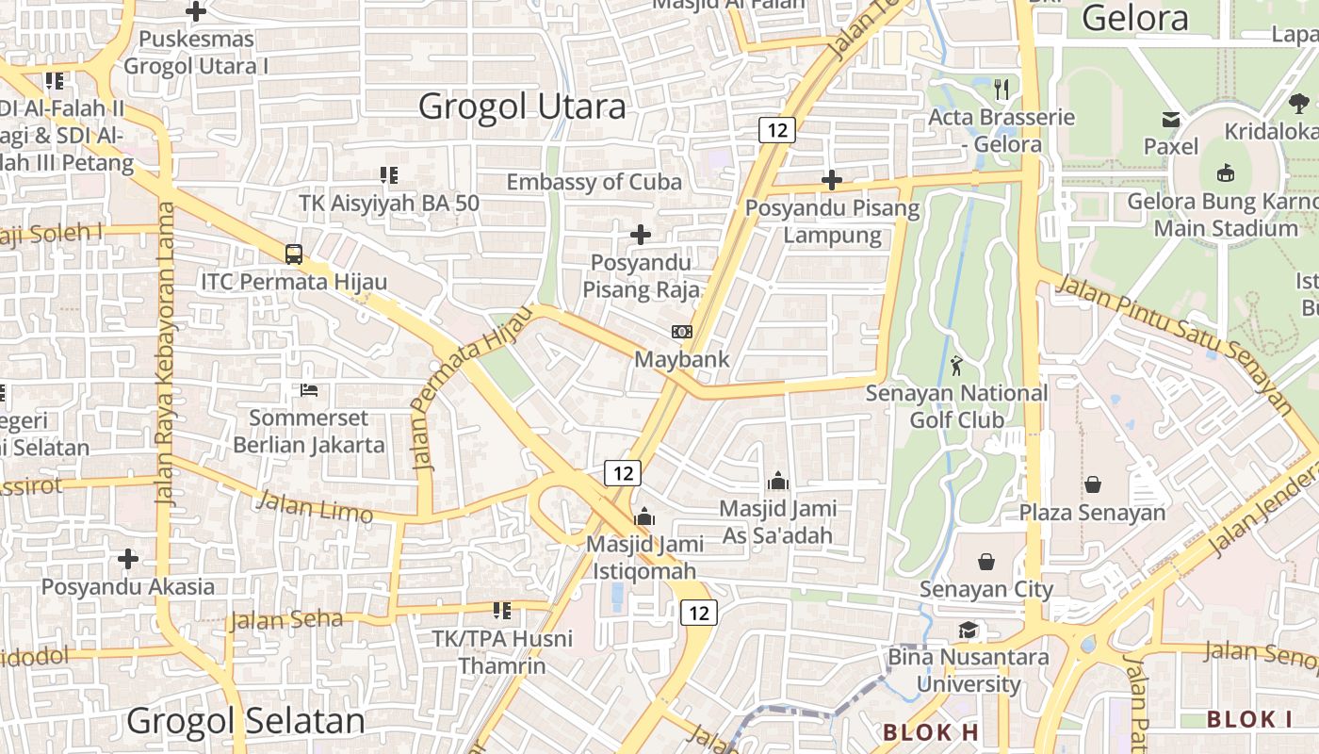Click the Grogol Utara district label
(522, 107)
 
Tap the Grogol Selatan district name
(245, 721)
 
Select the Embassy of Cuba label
(594, 182)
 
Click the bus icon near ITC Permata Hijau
(294, 254)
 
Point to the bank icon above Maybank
(682, 332)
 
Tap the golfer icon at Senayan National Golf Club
(957, 365)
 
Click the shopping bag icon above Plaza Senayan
(1093, 484)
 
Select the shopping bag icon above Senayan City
(986, 562)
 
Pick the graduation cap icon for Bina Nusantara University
(969, 630)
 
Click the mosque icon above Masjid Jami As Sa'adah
(778, 482)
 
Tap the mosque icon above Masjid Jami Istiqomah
(644, 516)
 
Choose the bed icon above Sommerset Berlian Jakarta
(309, 389)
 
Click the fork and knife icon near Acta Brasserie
(1001, 90)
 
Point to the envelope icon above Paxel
(1171, 120)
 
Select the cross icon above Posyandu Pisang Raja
(641, 234)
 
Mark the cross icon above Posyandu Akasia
(128, 559)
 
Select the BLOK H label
(931, 731)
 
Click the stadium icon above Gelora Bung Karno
(1226, 172)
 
